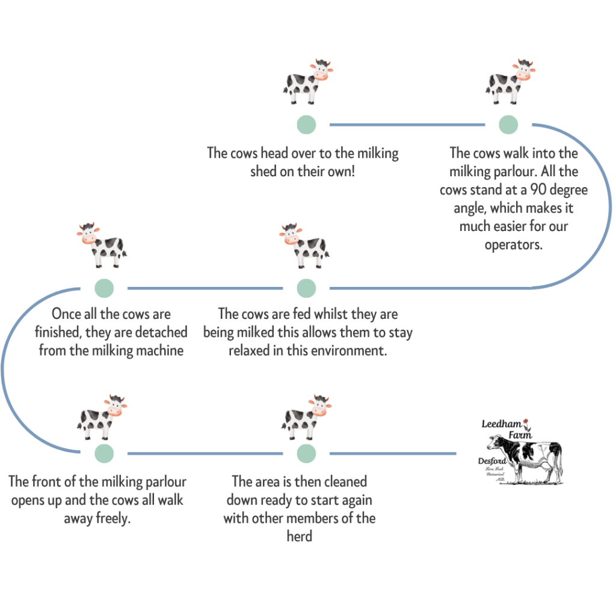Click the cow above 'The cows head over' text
307,82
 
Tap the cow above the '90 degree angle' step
510,82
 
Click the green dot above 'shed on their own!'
306,125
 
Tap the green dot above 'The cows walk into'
508,125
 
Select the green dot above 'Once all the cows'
104,288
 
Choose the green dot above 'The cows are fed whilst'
306,288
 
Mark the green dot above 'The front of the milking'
104,453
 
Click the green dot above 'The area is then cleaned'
306,453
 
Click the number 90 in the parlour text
539,190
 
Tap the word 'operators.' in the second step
514,245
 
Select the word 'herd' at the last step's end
299,536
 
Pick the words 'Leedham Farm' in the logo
502,429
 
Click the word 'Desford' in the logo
492,461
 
